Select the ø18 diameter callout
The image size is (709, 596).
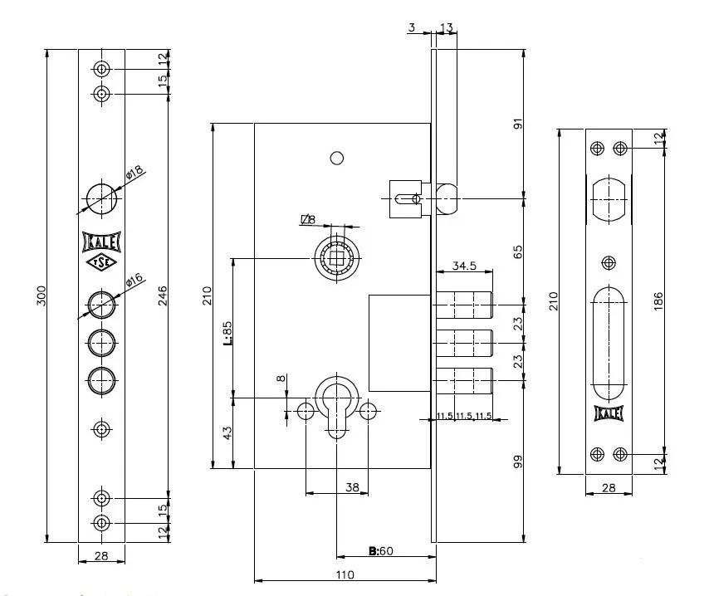(x=134, y=173)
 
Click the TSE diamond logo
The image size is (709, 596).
(x=101, y=262)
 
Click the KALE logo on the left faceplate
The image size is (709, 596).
(x=101, y=242)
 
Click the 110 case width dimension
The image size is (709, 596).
(x=345, y=574)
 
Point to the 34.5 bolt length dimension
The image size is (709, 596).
(x=463, y=266)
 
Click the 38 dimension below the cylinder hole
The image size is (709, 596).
(x=351, y=489)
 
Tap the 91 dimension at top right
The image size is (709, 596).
(x=517, y=125)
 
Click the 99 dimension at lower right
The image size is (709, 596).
(x=517, y=462)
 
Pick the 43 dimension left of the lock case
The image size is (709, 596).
(x=227, y=432)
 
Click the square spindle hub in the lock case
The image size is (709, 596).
(x=336, y=258)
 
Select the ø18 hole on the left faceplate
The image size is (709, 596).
(x=101, y=194)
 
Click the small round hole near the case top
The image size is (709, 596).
(x=336, y=158)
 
